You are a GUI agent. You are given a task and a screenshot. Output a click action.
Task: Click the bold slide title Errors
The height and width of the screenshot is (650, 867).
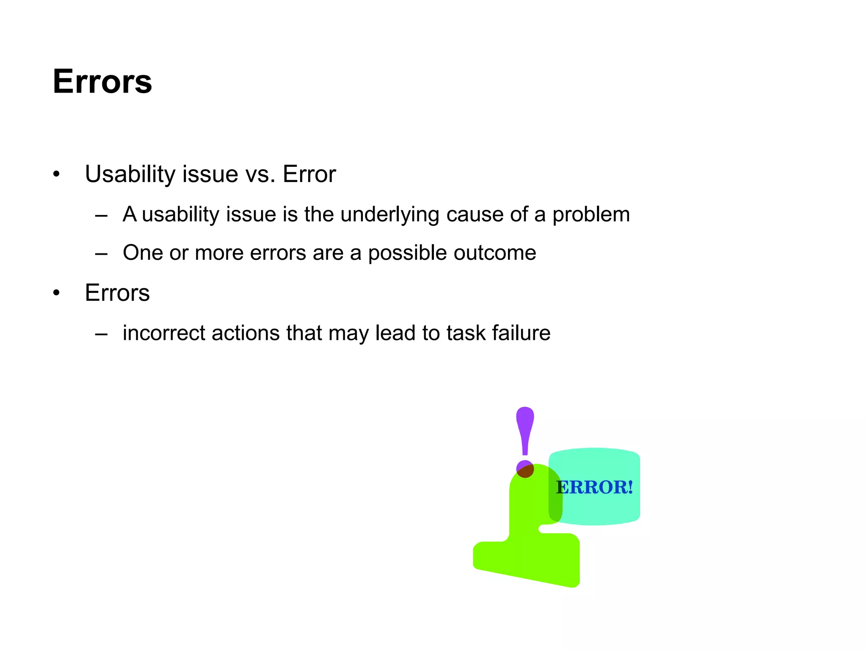click(x=102, y=81)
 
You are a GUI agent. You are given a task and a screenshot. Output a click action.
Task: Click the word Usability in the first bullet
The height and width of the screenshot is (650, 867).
click(x=130, y=174)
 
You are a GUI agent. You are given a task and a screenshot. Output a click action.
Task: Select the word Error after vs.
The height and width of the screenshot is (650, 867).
click(x=309, y=174)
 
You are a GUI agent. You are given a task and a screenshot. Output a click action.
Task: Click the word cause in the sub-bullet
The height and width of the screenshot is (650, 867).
click(x=474, y=214)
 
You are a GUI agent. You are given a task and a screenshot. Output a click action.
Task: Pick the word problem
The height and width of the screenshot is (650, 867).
click(x=591, y=214)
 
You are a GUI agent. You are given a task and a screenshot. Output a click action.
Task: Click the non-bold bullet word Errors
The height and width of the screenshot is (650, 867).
click(x=117, y=292)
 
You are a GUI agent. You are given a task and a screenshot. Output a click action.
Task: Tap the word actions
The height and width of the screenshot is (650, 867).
click(x=246, y=333)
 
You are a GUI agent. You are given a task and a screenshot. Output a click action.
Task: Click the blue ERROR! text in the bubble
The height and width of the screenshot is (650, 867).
click(x=594, y=487)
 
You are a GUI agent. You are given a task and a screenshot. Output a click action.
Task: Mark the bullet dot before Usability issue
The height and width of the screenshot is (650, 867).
click(x=56, y=174)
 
